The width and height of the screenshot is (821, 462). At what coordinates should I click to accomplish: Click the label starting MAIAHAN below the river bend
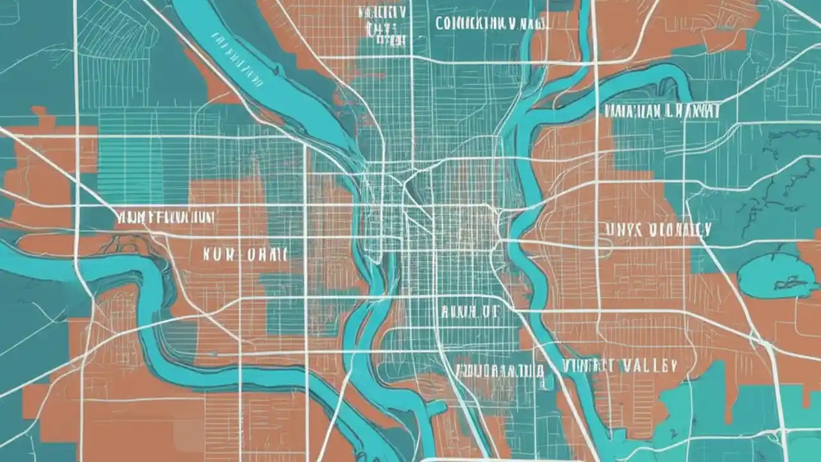[661, 111]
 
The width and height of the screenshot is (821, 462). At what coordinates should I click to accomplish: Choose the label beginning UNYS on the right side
[657, 230]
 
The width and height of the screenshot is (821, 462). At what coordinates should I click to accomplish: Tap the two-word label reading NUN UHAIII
[244, 254]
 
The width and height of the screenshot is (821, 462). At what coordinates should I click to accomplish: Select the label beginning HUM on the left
[165, 217]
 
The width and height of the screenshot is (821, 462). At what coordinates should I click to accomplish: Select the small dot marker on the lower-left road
[216, 354]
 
